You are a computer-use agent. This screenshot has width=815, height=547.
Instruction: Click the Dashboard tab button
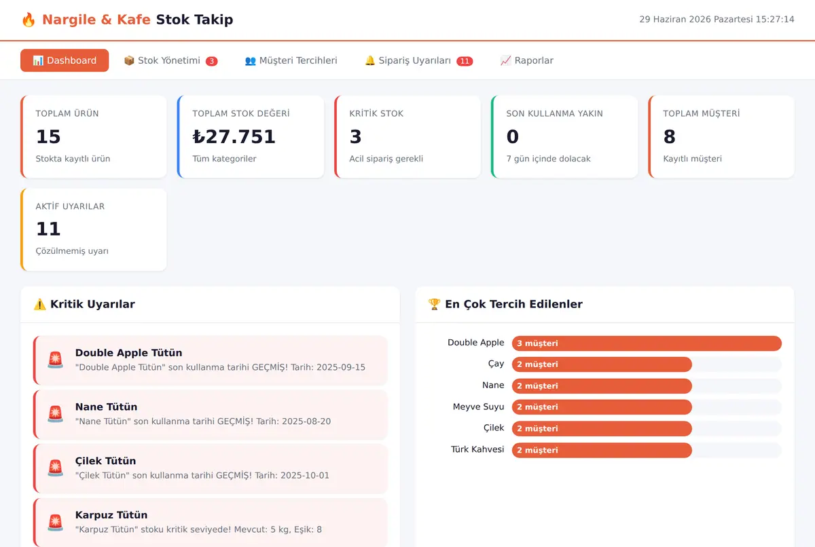[x=65, y=60]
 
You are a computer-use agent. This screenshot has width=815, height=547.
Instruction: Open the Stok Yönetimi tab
[x=170, y=60]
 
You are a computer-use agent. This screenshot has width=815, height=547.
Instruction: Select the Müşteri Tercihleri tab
[x=291, y=60]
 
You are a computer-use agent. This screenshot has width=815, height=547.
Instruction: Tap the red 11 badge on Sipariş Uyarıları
[x=465, y=61]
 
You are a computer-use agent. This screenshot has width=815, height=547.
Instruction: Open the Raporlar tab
[x=526, y=60]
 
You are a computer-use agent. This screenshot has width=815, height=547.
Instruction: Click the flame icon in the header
[x=29, y=20]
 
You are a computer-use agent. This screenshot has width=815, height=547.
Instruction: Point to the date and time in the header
[x=717, y=19]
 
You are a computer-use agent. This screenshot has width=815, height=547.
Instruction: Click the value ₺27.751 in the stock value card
[x=234, y=136]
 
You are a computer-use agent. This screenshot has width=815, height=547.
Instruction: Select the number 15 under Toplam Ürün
[x=48, y=136]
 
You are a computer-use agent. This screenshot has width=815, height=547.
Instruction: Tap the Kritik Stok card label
[x=376, y=113]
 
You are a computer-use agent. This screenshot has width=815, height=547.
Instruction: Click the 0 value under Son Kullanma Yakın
[x=512, y=136]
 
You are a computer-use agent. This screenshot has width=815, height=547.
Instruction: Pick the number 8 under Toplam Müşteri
[x=669, y=136]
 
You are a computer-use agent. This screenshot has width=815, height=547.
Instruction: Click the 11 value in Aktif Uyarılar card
[x=48, y=229]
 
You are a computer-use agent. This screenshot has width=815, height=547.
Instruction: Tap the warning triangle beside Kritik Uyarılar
[x=39, y=304]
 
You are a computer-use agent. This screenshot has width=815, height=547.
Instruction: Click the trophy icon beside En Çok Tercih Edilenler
[x=434, y=304]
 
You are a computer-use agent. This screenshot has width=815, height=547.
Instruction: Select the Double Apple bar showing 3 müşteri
[x=647, y=343]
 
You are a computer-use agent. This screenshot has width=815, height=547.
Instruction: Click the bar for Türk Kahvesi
[x=602, y=450]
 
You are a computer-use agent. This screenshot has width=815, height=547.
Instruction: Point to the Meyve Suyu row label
[x=478, y=407]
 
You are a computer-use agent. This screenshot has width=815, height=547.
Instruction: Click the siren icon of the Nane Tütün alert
[x=55, y=413]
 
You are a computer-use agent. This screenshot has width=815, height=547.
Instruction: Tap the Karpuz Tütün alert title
[x=111, y=515]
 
